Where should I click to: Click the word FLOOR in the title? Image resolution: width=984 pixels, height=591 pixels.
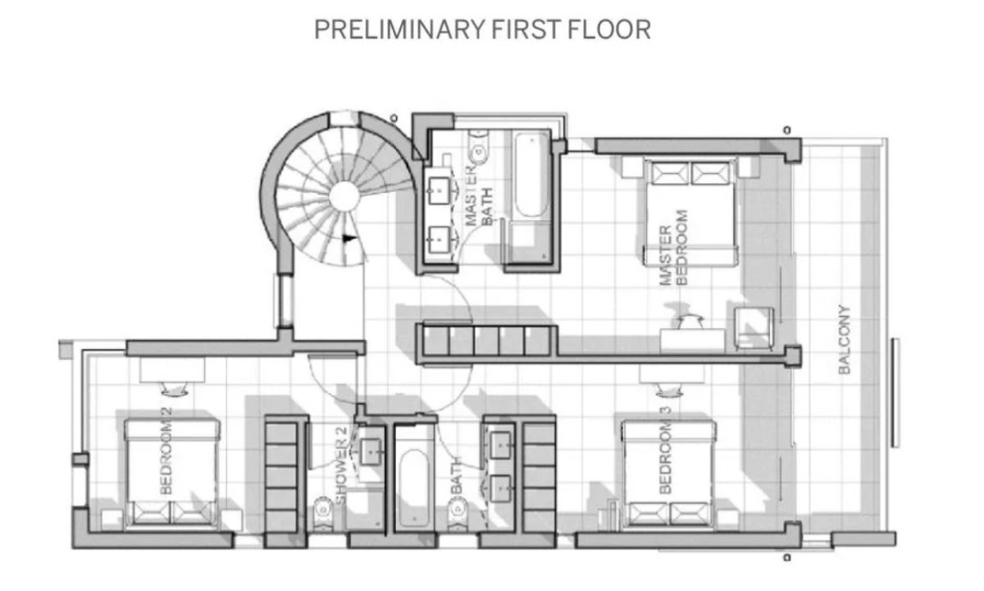pyautogui.click(x=609, y=30)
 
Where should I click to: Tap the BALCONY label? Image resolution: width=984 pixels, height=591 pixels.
pyautogui.click(x=845, y=340)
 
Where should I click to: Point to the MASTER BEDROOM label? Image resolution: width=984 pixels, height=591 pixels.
pyautogui.click(x=673, y=248)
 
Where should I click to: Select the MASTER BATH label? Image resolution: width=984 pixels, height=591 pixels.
pyautogui.click(x=479, y=195)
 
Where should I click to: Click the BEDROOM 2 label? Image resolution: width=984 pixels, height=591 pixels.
pyautogui.click(x=166, y=451)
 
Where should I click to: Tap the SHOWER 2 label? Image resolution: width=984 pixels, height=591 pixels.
pyautogui.click(x=341, y=466)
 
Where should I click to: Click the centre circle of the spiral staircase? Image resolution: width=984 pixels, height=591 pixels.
pyautogui.click(x=344, y=196)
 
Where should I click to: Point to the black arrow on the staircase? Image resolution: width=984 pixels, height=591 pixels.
pyautogui.click(x=348, y=239)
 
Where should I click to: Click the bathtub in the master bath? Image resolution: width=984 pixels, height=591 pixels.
pyautogui.click(x=531, y=175)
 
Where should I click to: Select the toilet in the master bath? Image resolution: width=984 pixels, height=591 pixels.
pyautogui.click(x=478, y=147)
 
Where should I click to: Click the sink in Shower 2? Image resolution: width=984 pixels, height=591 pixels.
pyautogui.click(x=371, y=451)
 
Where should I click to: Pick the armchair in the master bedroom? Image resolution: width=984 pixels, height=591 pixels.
pyautogui.click(x=754, y=328)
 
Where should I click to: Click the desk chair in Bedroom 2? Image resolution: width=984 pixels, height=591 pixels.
pyautogui.click(x=175, y=389)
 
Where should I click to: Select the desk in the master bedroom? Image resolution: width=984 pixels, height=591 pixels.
pyautogui.click(x=692, y=340)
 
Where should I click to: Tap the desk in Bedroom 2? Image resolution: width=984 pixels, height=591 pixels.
pyautogui.click(x=172, y=369)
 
